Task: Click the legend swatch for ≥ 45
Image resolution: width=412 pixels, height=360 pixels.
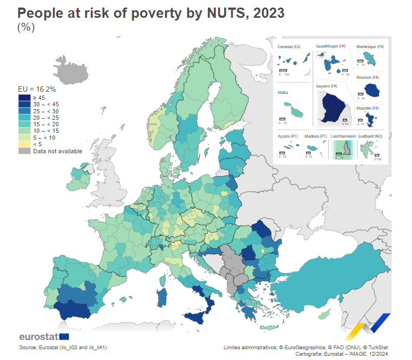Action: coord(24,98)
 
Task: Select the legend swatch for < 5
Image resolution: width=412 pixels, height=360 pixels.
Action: coord(24,144)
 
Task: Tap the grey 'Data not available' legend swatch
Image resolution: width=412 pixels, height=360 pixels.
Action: coord(24,151)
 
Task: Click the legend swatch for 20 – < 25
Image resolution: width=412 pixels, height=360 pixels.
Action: coord(24,118)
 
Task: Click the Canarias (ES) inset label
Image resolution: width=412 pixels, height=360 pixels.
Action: coord(289,47)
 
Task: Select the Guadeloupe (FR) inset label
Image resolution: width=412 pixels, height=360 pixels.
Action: coord(330,46)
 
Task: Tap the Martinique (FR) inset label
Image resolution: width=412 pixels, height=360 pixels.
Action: coord(370,47)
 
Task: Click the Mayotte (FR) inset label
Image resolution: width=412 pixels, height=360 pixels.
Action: coord(368,108)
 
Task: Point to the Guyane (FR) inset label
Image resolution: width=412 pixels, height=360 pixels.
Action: coord(327,86)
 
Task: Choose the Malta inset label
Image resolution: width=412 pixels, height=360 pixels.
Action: coord(283,92)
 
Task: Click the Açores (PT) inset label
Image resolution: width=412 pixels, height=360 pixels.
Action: coord(288,137)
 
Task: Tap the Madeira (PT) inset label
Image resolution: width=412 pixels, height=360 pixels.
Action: coord(316,137)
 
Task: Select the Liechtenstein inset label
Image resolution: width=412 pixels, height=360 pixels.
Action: coord(343,137)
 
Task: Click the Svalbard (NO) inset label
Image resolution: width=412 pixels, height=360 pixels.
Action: coord(370,137)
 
